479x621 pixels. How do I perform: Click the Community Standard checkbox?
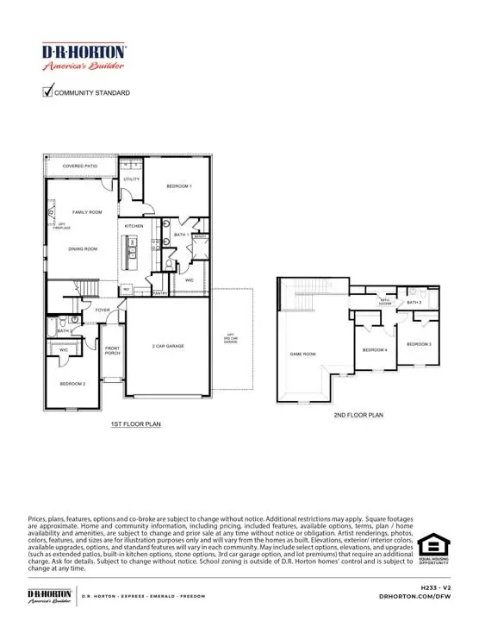coord(48,91)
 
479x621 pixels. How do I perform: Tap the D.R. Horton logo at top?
coord(84,57)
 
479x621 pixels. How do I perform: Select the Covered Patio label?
coord(79,164)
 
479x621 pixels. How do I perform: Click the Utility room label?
coord(131,179)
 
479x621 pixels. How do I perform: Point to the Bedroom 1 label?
coord(179,186)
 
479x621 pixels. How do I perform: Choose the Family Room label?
coord(86,211)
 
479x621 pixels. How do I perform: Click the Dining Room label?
coord(84,248)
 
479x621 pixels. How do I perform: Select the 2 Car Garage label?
coord(168,346)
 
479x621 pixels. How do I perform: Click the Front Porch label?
coord(112,350)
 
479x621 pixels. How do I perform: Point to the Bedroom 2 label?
coord(72,382)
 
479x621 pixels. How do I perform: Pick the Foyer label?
coord(103,310)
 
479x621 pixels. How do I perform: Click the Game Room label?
coord(302,354)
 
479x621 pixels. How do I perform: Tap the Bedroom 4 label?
coord(374,349)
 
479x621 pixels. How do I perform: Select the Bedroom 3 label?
coord(419,344)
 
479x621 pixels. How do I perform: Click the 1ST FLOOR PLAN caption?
coord(135,424)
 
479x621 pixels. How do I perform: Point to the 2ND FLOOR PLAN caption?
coord(358,415)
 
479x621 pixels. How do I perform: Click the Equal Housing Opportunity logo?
coord(433,552)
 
